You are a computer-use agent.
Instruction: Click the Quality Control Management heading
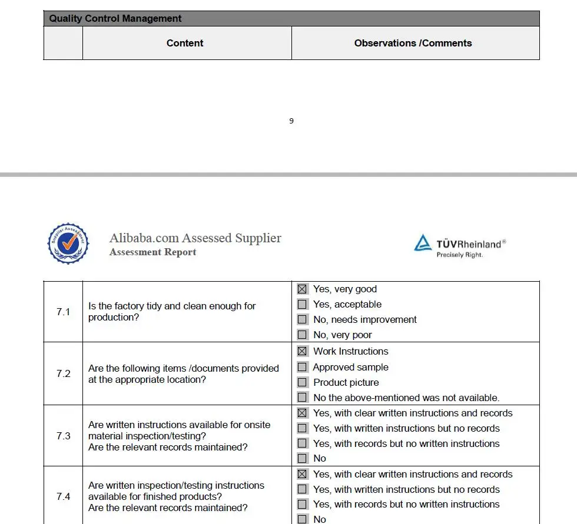pos(115,18)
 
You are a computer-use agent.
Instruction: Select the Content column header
pos(185,43)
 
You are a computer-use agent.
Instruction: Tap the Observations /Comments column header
pos(413,43)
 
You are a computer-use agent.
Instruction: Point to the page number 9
pos(291,121)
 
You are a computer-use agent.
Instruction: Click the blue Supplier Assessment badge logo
pos(68,243)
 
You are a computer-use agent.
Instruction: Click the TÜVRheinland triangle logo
pos(423,243)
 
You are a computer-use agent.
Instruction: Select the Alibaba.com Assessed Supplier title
pos(195,238)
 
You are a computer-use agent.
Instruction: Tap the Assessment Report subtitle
pos(152,252)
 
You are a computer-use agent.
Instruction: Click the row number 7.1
pos(63,312)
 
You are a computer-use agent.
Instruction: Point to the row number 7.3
pos(63,436)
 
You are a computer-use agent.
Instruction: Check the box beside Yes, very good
pos(302,289)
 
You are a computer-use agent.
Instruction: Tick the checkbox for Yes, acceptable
pos(302,305)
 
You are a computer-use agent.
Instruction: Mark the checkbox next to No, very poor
pos(302,335)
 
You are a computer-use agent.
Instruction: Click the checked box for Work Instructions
pos(302,351)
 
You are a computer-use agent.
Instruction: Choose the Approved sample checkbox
pos(302,367)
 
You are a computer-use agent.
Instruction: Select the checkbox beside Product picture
pos(302,382)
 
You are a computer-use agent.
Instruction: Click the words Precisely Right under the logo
pos(459,255)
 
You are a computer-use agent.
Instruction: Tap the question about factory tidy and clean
pos(172,312)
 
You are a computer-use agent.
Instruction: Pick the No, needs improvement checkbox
pos(302,319)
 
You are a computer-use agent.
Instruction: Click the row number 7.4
pos(63,496)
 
